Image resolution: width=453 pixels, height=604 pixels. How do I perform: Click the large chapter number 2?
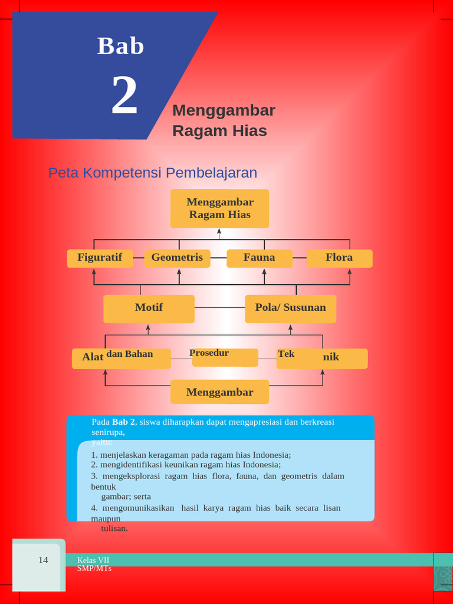(124, 96)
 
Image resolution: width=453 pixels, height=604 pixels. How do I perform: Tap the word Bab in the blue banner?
(121, 46)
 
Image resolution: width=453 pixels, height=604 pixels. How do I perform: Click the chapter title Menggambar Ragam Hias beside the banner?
(223, 120)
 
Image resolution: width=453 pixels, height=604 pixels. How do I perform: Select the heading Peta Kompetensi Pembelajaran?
(153, 173)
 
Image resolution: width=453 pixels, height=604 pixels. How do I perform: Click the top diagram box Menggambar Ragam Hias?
(219, 208)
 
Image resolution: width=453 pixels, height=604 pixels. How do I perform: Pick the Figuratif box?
(100, 258)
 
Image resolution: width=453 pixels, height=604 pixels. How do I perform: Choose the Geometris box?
(177, 258)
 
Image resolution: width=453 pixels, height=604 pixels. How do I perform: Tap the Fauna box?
(260, 258)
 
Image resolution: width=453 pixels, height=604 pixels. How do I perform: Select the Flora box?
(339, 258)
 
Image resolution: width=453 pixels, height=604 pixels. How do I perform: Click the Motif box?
(149, 308)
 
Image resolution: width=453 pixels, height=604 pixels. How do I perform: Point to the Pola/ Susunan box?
(290, 308)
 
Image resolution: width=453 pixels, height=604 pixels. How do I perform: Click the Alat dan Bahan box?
(121, 357)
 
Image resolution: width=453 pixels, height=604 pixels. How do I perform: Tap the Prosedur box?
(225, 356)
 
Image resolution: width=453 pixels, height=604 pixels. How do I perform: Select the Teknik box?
(321, 357)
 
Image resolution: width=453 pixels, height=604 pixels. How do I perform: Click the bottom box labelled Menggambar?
(219, 392)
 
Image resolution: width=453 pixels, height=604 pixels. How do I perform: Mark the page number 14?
(43, 560)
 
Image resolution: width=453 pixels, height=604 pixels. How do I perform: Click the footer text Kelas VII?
(93, 560)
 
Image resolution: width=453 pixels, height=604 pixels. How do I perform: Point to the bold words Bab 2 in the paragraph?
(124, 422)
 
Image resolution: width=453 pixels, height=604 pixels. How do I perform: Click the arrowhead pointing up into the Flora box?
(350, 273)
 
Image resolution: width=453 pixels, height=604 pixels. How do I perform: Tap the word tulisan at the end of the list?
(114, 528)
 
